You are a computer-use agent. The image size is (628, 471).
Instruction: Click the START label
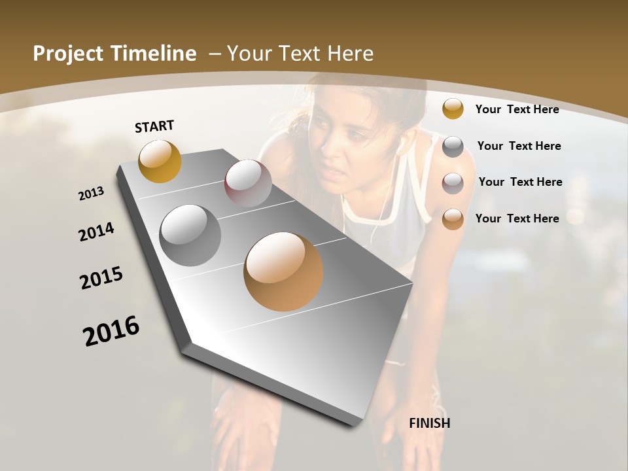(154, 126)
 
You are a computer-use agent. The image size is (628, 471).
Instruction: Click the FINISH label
(430, 423)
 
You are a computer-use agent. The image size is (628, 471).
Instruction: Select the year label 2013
(92, 194)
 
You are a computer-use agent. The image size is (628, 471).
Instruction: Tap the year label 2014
(97, 232)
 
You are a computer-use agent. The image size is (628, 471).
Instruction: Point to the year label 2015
(101, 278)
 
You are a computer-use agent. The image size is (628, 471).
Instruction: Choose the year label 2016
(111, 331)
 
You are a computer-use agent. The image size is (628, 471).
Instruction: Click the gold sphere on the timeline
(160, 161)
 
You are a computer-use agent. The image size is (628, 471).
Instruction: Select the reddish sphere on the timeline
(248, 183)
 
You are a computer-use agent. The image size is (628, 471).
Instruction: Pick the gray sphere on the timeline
(190, 235)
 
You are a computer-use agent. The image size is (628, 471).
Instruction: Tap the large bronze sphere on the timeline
(283, 271)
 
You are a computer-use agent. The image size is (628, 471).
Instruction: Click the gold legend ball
(453, 109)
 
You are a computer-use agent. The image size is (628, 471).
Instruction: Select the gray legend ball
(453, 147)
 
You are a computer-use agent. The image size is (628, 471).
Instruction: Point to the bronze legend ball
(453, 219)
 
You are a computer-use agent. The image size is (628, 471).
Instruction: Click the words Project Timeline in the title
(114, 54)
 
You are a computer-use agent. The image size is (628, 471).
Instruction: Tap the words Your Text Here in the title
(300, 54)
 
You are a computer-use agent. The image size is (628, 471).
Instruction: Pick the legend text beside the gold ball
(517, 109)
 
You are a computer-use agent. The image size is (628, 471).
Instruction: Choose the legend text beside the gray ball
(519, 146)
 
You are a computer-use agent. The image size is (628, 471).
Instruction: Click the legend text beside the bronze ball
(517, 218)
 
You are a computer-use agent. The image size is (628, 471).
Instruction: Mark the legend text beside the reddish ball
(520, 182)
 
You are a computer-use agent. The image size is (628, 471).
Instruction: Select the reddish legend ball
(453, 183)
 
